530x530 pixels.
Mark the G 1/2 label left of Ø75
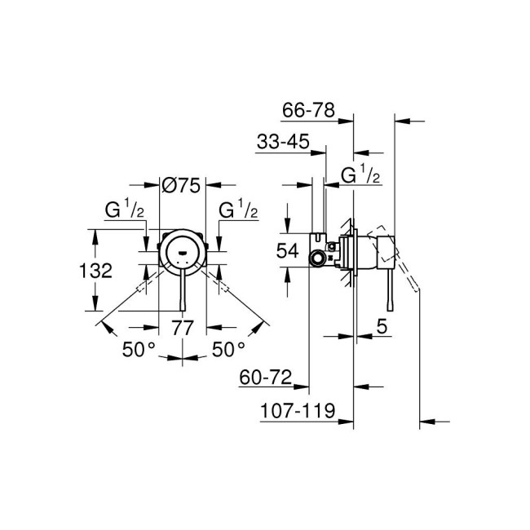[x=125, y=210]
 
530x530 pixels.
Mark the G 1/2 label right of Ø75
[x=238, y=210]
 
